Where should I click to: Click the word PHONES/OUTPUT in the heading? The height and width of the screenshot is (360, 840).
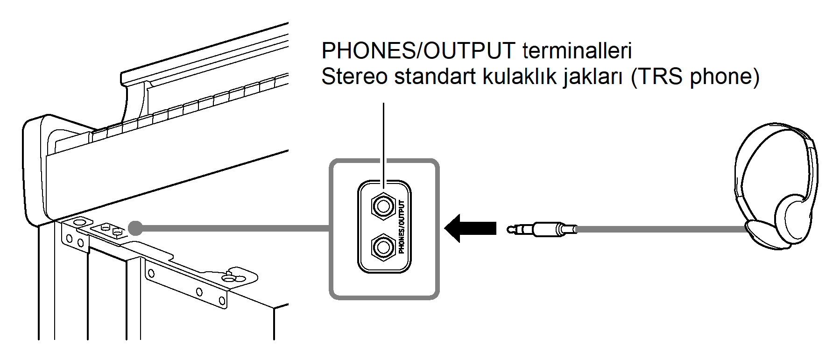(418, 50)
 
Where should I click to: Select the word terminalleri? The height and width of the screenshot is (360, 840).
(577, 50)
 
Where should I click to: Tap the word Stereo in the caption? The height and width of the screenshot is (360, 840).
(354, 77)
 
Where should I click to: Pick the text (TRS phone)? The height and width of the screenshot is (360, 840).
(695, 77)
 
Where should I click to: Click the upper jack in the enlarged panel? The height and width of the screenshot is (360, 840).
(383, 206)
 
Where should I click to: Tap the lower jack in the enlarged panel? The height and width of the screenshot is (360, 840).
(383, 247)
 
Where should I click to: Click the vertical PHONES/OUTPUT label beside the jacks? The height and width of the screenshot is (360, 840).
(402, 226)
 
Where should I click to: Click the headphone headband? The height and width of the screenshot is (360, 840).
(775, 135)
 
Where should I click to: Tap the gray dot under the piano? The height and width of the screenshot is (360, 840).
(135, 228)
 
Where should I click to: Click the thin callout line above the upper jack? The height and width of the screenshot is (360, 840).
(383, 140)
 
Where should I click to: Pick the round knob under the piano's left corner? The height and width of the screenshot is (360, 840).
(78, 222)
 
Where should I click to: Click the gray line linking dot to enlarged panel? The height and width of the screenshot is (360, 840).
(233, 228)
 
